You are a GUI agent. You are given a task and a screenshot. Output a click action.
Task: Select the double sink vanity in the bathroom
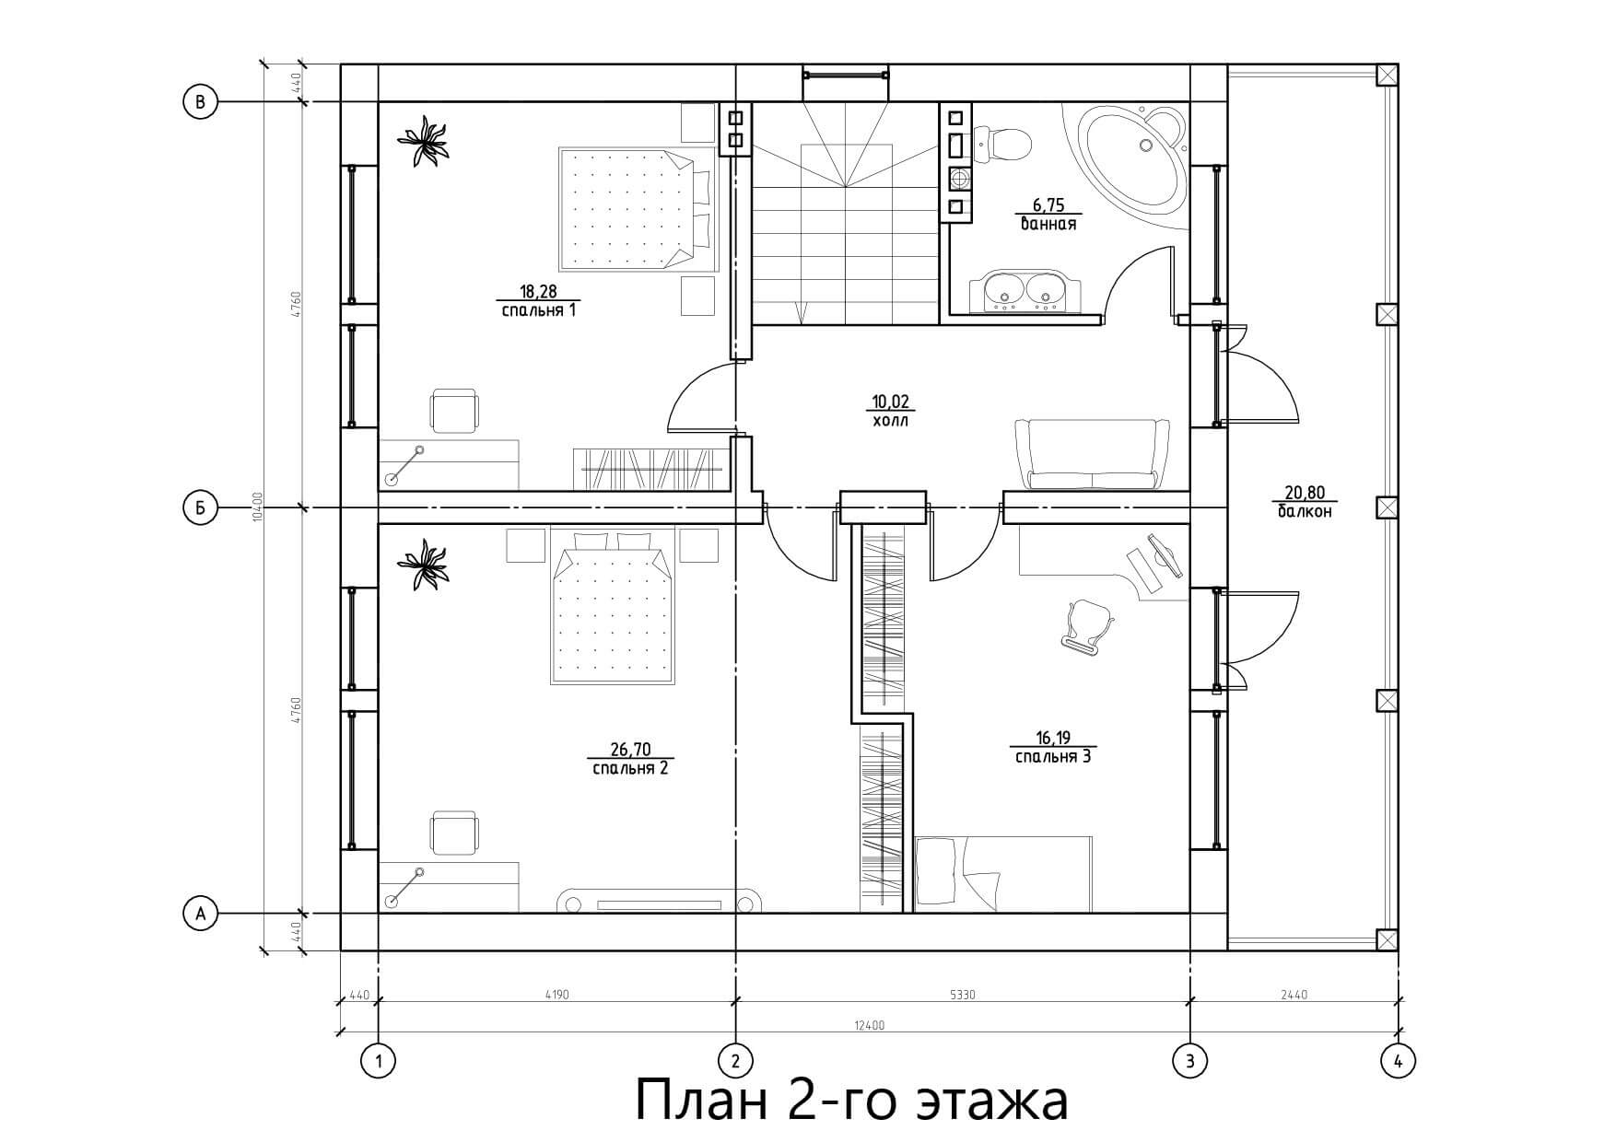tap(1024, 290)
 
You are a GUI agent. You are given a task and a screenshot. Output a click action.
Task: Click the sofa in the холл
tap(1092, 454)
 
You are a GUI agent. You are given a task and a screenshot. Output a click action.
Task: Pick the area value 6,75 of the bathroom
tap(1048, 206)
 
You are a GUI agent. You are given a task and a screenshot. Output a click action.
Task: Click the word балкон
tap(1305, 511)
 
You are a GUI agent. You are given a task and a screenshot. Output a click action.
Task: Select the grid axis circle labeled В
tap(200, 101)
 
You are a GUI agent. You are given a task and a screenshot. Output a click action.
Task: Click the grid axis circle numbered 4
tap(1399, 1061)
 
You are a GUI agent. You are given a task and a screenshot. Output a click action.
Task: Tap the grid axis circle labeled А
tap(200, 914)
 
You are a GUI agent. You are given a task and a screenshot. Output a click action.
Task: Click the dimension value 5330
tap(961, 995)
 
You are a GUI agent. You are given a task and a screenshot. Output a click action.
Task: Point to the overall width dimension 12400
tap(870, 1025)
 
